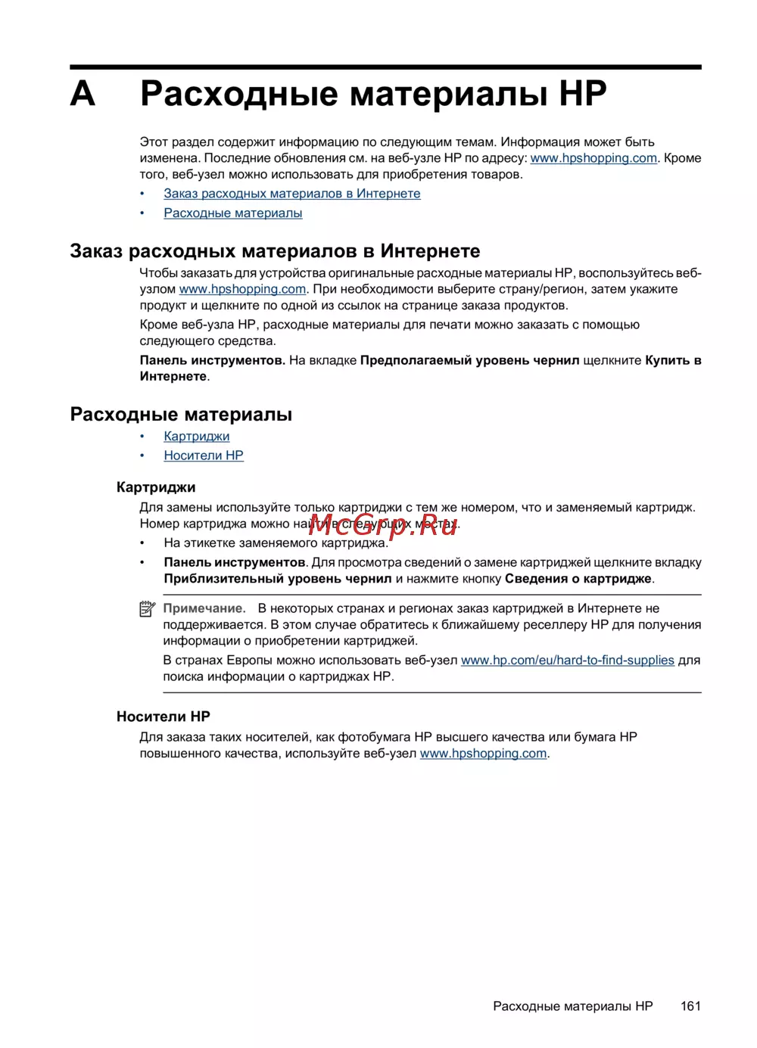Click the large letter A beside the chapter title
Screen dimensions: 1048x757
tap(83, 94)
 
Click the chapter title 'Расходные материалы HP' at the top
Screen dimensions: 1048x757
tap(373, 94)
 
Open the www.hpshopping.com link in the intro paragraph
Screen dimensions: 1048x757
tap(593, 158)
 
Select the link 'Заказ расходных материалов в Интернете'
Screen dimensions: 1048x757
tap(291, 194)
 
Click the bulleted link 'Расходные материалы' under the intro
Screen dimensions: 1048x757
tap(233, 213)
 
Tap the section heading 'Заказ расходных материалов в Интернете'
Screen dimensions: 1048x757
tap(275, 251)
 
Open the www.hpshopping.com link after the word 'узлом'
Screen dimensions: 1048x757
tap(242, 289)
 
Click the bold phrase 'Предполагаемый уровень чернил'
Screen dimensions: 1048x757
tap(469, 360)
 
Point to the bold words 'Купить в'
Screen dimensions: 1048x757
tap(673, 360)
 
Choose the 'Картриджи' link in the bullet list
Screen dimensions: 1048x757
tap(197, 437)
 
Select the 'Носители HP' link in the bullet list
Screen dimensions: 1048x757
tap(204, 456)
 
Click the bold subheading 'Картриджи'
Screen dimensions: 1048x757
tap(156, 487)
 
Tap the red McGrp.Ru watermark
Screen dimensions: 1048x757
tap(383, 524)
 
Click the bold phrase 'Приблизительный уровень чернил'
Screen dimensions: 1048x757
tap(278, 579)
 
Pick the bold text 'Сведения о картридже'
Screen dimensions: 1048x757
tap(578, 579)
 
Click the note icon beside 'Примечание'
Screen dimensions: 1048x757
tap(148, 609)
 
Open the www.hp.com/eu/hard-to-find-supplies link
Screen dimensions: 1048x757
tap(567, 661)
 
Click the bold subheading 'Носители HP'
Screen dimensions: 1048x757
tap(163, 717)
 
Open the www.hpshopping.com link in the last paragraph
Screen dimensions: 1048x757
tap(483, 754)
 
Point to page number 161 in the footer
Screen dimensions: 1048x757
tap(690, 1006)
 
